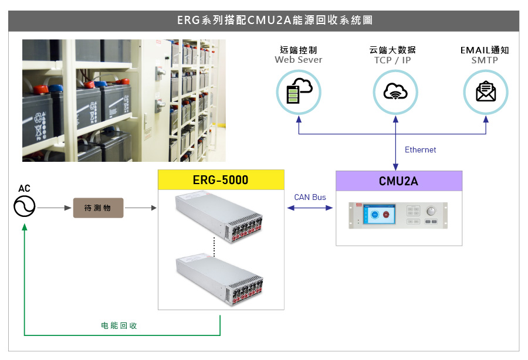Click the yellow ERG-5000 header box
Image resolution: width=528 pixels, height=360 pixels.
(221, 180)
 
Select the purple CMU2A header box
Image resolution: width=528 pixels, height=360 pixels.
(398, 181)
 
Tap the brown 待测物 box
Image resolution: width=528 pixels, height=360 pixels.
(98, 208)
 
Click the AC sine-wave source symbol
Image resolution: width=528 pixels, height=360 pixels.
(25, 206)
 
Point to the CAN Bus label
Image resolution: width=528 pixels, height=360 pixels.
(310, 197)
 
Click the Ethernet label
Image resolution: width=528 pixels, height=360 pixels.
(420, 150)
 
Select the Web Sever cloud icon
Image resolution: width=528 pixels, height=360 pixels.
(299, 91)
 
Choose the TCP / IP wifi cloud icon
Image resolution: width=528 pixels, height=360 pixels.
(395, 91)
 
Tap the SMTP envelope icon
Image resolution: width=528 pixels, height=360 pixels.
(486, 91)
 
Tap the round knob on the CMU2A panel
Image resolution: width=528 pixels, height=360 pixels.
(432, 211)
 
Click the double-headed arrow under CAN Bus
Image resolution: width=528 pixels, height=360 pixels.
(310, 208)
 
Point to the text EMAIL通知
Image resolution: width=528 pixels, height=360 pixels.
(485, 50)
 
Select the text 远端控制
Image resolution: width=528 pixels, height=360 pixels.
(298, 50)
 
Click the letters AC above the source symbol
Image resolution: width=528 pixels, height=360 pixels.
(25, 188)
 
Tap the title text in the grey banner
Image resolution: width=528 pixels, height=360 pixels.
(263, 21)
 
